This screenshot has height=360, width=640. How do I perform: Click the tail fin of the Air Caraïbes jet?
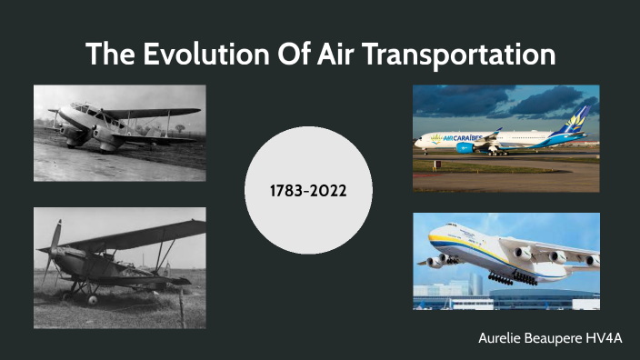pyautogui.click(x=577, y=121)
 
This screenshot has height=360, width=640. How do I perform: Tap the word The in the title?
pyautogui.click(x=108, y=55)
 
